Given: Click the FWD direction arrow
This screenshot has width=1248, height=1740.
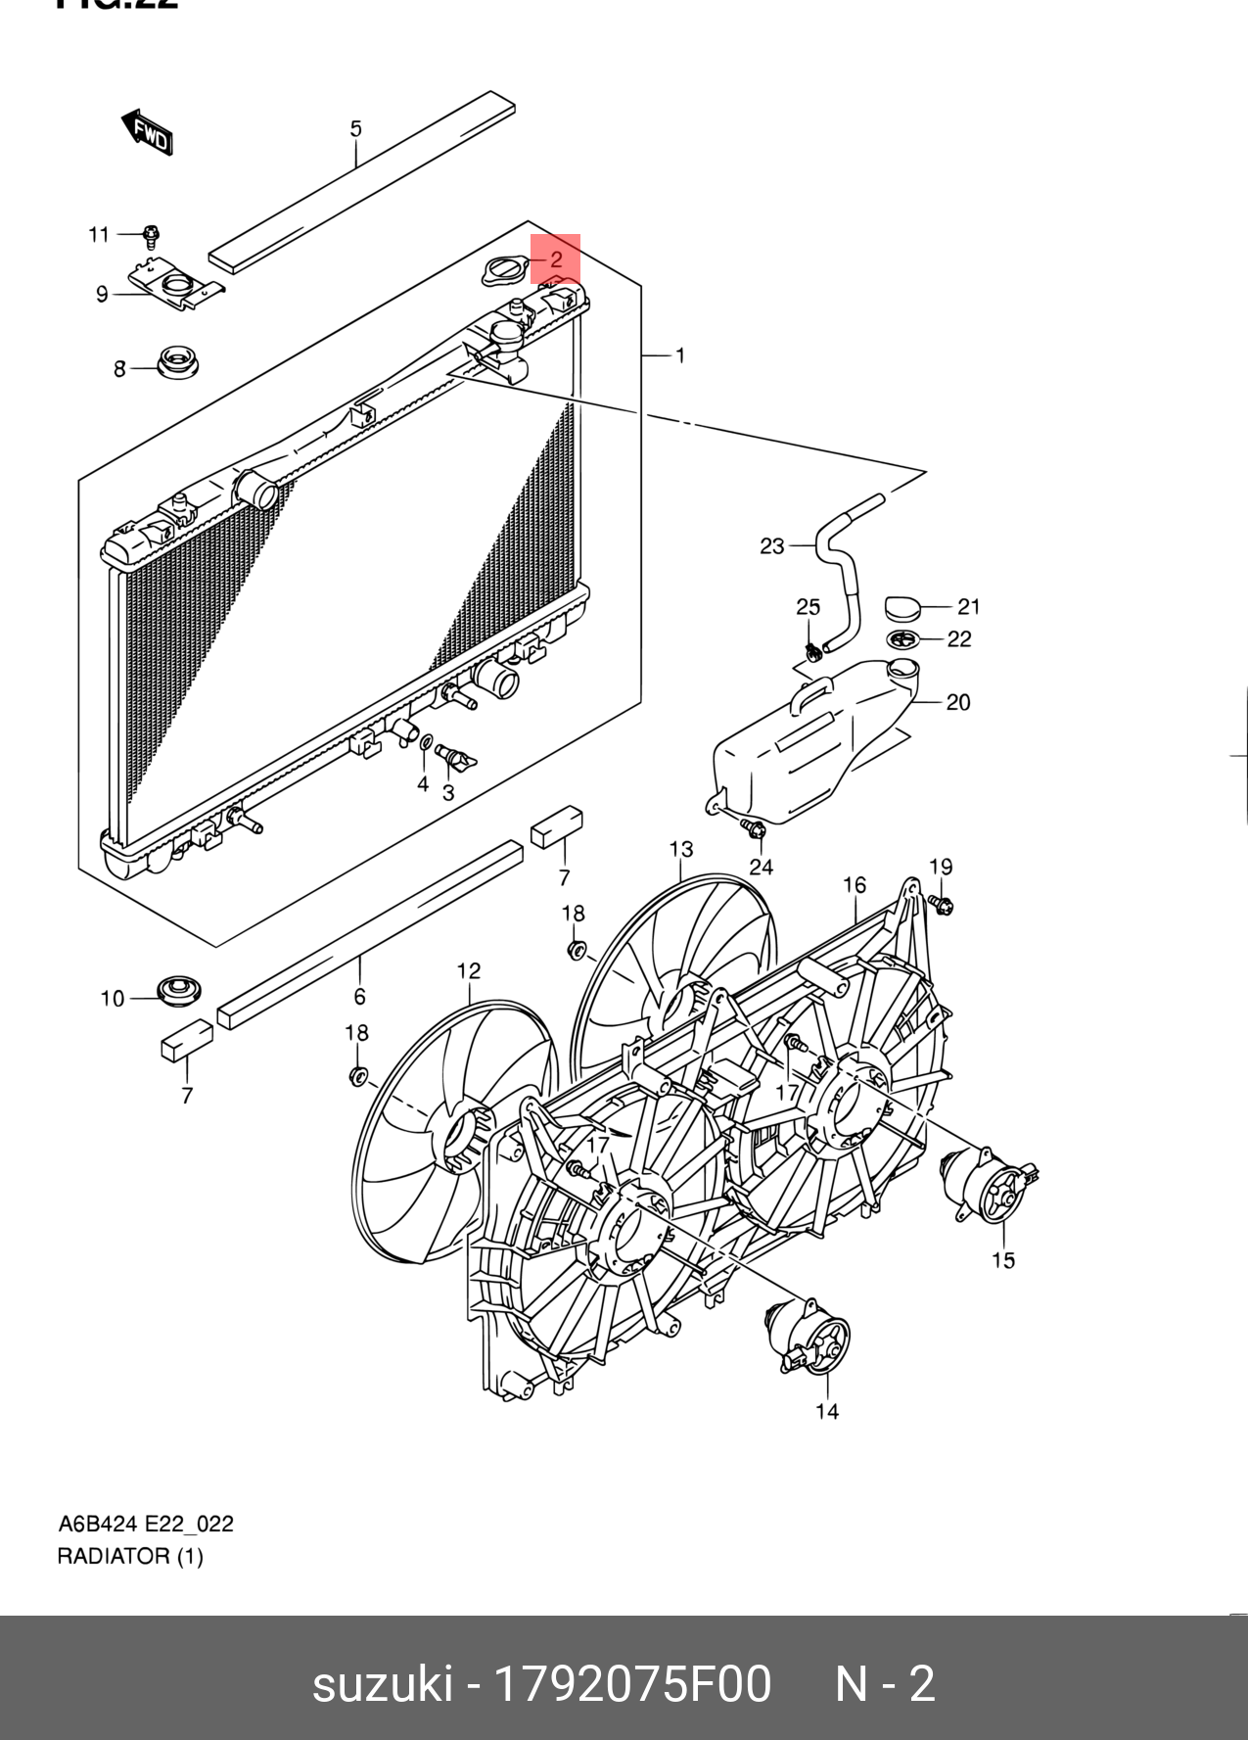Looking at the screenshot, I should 148,132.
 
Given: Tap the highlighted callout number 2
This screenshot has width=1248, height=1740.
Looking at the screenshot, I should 555,259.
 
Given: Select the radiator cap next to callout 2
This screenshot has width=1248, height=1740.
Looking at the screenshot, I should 504,270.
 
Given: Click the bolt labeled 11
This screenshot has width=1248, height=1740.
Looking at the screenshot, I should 151,236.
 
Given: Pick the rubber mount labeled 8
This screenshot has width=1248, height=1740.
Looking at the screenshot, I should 178,362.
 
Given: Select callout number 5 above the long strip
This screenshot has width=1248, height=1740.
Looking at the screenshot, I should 356,128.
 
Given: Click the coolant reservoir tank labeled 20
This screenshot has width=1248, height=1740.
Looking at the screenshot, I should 803,744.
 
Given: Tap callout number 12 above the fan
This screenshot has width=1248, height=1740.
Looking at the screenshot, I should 469,970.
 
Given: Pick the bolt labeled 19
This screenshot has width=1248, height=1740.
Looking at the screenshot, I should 942,904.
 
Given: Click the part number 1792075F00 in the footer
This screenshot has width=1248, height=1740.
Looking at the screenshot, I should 632,1683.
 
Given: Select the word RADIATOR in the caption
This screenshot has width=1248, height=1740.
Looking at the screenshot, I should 114,1556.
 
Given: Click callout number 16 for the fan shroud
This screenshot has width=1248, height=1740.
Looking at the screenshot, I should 855,885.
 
